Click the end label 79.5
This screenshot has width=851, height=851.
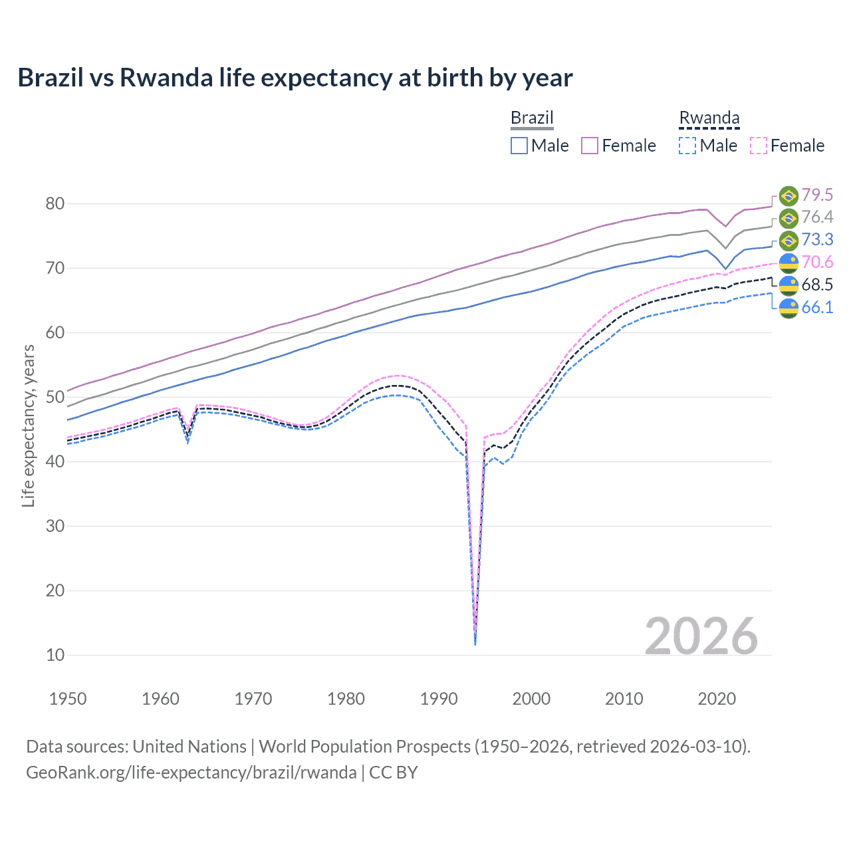[x=816, y=195]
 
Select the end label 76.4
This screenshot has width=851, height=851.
[x=816, y=217]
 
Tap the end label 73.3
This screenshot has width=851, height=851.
[x=816, y=239]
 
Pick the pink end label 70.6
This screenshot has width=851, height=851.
[x=816, y=262]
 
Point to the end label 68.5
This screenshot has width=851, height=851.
[x=816, y=285]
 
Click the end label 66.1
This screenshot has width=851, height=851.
[x=816, y=307]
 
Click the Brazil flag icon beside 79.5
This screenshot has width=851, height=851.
[x=789, y=195]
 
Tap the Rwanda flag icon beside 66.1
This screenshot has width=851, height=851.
[x=789, y=308]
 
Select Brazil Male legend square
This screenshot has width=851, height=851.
[x=519, y=146]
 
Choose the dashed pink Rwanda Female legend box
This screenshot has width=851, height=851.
[x=759, y=146]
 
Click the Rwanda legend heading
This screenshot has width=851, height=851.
[x=709, y=118]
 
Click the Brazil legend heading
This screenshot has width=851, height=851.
[x=532, y=118]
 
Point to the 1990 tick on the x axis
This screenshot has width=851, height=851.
[x=439, y=699]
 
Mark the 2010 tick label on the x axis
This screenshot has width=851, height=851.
[x=624, y=699]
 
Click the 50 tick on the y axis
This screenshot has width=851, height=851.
[x=55, y=398]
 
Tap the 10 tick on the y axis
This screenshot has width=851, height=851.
[x=55, y=656]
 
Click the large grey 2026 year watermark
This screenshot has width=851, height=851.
[x=701, y=636]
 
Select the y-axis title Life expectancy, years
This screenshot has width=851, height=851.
[x=28, y=425]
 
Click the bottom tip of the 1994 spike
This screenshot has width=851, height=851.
[x=475, y=644]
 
